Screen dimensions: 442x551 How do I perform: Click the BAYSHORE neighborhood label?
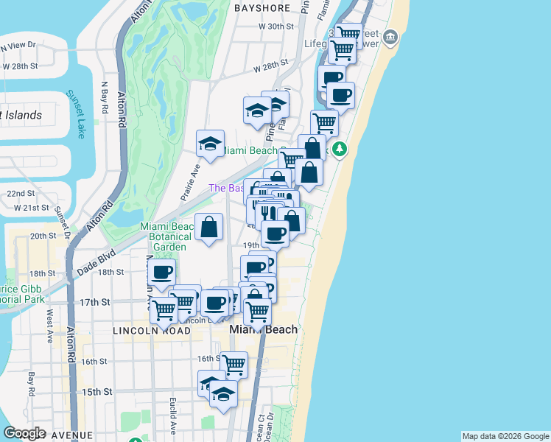[x=262, y=8]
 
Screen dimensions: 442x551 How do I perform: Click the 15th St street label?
[x=97, y=392]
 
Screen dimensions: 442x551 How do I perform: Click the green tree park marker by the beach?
[x=340, y=150]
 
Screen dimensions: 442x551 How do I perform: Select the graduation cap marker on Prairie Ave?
[x=210, y=143]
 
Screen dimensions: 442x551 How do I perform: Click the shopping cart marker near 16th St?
[x=234, y=364]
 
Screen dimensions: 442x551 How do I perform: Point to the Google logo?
[x=24, y=433]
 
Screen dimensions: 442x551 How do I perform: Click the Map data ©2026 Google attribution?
[x=505, y=436]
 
